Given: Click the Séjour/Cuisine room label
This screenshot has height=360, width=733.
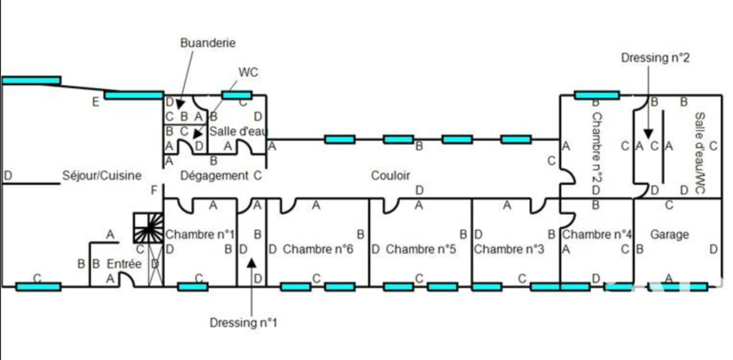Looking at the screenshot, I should [102, 176].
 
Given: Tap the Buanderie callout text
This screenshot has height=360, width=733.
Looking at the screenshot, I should [208, 43].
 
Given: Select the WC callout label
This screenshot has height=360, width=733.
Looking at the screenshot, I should [248, 73].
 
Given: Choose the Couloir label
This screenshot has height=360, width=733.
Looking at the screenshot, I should [390, 176].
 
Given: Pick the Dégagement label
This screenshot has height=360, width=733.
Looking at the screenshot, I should [214, 176].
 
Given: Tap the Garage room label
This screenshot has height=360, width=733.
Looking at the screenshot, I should [669, 235].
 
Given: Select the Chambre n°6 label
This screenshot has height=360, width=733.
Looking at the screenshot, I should [317, 249].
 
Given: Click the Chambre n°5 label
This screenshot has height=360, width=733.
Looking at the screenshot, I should [421, 249].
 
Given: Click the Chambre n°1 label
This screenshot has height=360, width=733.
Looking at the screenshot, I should [200, 235].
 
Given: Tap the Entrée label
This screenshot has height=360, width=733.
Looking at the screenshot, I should [124, 264].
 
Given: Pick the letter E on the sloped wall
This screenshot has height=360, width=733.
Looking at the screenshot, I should [95, 103].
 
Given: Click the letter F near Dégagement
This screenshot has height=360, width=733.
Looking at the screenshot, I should [153, 191].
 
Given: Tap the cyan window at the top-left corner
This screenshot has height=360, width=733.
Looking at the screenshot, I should [31, 80].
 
